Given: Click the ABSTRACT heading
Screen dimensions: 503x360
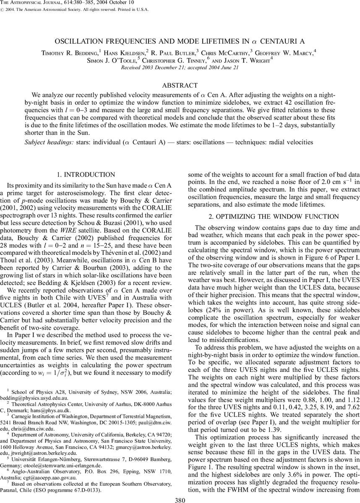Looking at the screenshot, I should point(180,86).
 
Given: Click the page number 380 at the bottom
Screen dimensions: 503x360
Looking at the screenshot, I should point(180,498).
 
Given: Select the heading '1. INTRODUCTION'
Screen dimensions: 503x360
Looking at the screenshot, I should point(90,175).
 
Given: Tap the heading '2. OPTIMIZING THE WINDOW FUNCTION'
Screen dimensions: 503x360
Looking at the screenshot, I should point(270,217).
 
